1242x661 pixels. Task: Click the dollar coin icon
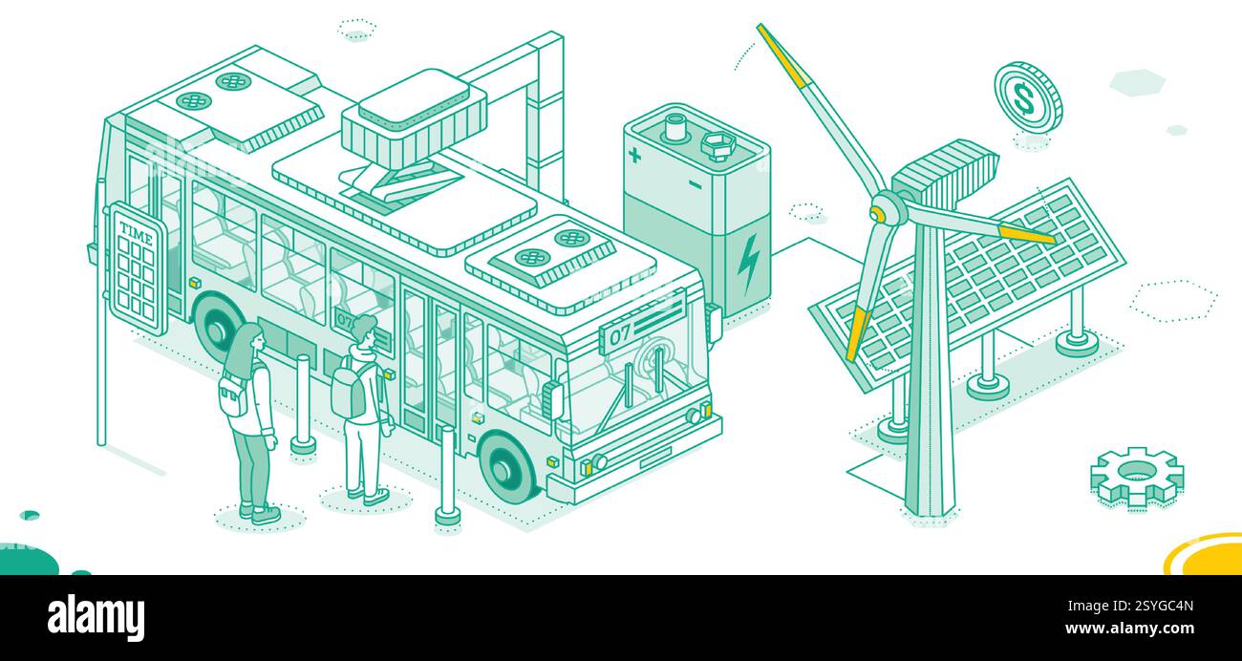click(1027, 96)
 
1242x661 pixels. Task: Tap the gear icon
click(1137, 474)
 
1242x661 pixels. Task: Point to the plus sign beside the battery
click(634, 154)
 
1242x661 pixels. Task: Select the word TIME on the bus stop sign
click(137, 229)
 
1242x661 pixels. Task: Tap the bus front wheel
click(506, 468)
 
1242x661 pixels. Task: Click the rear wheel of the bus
click(218, 328)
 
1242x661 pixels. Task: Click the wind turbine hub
click(886, 208)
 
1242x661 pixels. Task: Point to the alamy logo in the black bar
click(96, 617)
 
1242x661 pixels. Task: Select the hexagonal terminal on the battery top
click(716, 145)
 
